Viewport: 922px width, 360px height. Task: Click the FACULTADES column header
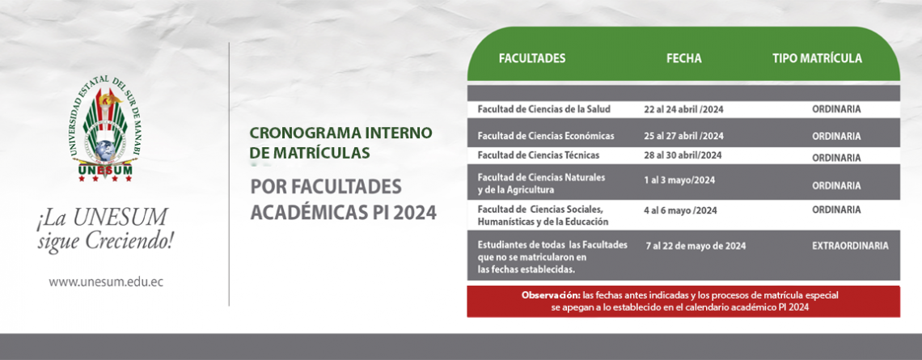(532, 58)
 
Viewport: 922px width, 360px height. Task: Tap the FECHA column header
(684, 58)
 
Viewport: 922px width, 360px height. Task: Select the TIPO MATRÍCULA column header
(818, 58)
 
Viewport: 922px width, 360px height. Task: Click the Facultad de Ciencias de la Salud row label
(544, 109)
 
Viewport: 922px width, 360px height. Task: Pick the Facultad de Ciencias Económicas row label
(546, 136)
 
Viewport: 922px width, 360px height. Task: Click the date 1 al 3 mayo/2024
(679, 180)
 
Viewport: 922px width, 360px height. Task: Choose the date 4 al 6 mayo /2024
(680, 210)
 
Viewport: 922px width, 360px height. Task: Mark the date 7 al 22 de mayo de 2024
(696, 247)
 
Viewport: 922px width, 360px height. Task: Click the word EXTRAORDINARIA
(850, 247)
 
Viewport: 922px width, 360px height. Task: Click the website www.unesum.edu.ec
(106, 282)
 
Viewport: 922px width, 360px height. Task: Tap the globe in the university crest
(105, 147)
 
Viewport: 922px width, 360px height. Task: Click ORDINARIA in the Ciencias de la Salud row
(837, 109)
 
